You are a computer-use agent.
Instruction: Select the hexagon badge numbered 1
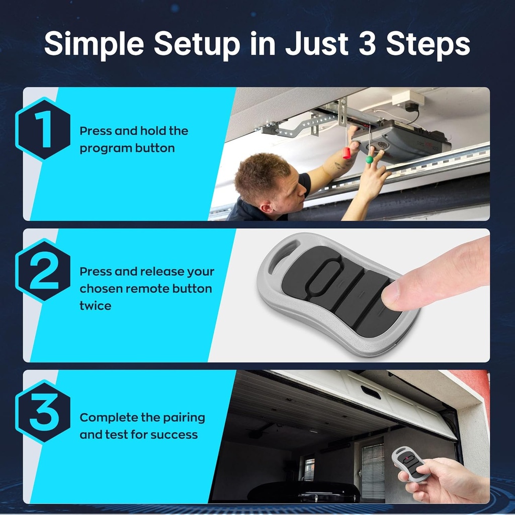click(43, 129)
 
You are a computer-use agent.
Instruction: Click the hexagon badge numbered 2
click(43, 271)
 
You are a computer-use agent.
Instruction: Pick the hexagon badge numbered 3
click(43, 411)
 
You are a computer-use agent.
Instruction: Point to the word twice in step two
click(96, 305)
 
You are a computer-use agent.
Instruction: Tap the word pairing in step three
click(180, 418)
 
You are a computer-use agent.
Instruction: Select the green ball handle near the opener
click(370, 159)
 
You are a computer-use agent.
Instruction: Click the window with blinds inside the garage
click(373, 471)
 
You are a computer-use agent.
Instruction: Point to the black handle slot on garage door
click(371, 392)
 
